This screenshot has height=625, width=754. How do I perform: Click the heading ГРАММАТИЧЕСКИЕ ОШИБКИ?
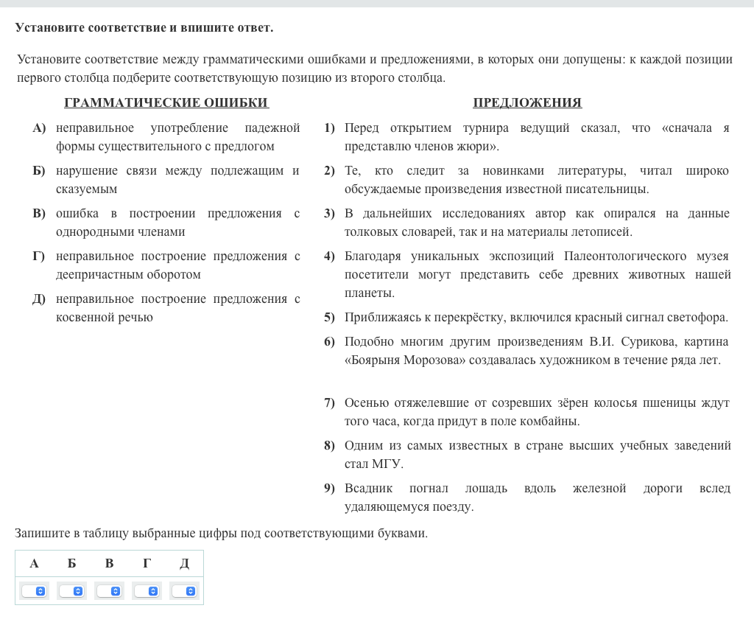(166, 102)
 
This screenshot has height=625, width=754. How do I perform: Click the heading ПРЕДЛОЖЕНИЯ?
(527, 102)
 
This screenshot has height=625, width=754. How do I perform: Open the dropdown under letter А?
(34, 591)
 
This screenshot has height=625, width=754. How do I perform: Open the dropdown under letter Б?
(71, 591)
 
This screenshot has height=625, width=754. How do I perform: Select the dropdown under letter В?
(109, 591)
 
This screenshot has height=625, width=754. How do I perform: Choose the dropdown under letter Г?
(147, 591)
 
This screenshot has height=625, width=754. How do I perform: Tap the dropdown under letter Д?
(184, 591)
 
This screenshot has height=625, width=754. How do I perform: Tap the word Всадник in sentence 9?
(368, 489)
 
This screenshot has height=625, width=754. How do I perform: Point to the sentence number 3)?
(329, 214)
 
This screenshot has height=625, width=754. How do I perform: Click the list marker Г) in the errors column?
(39, 256)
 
